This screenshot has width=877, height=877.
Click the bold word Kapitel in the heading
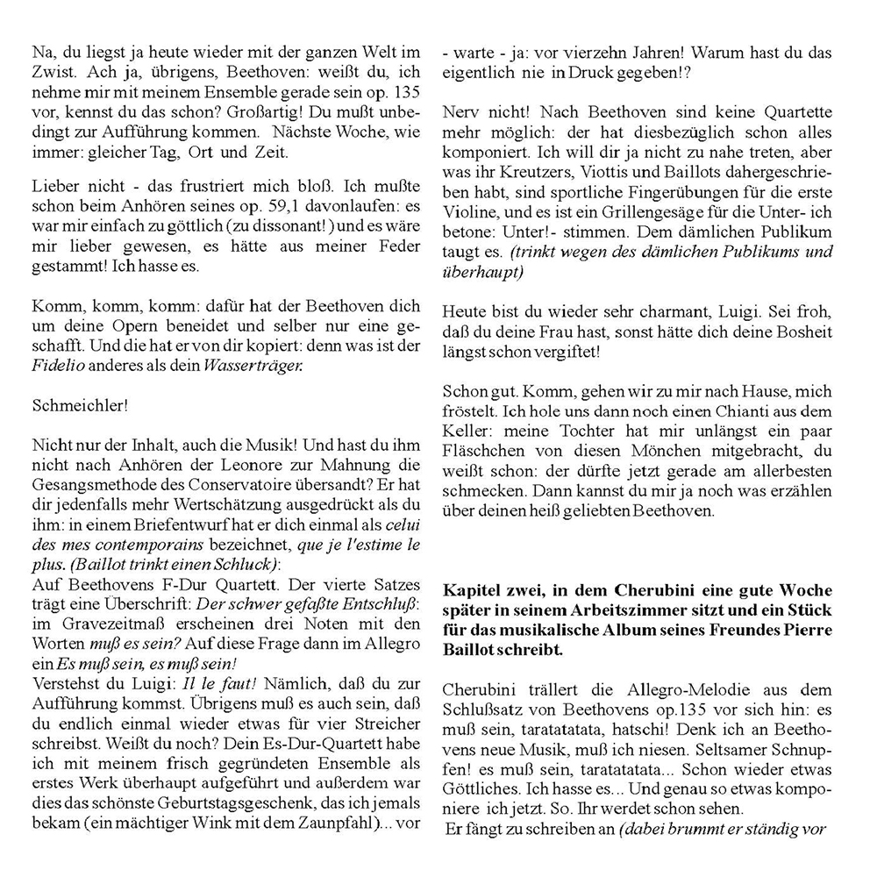472,589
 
